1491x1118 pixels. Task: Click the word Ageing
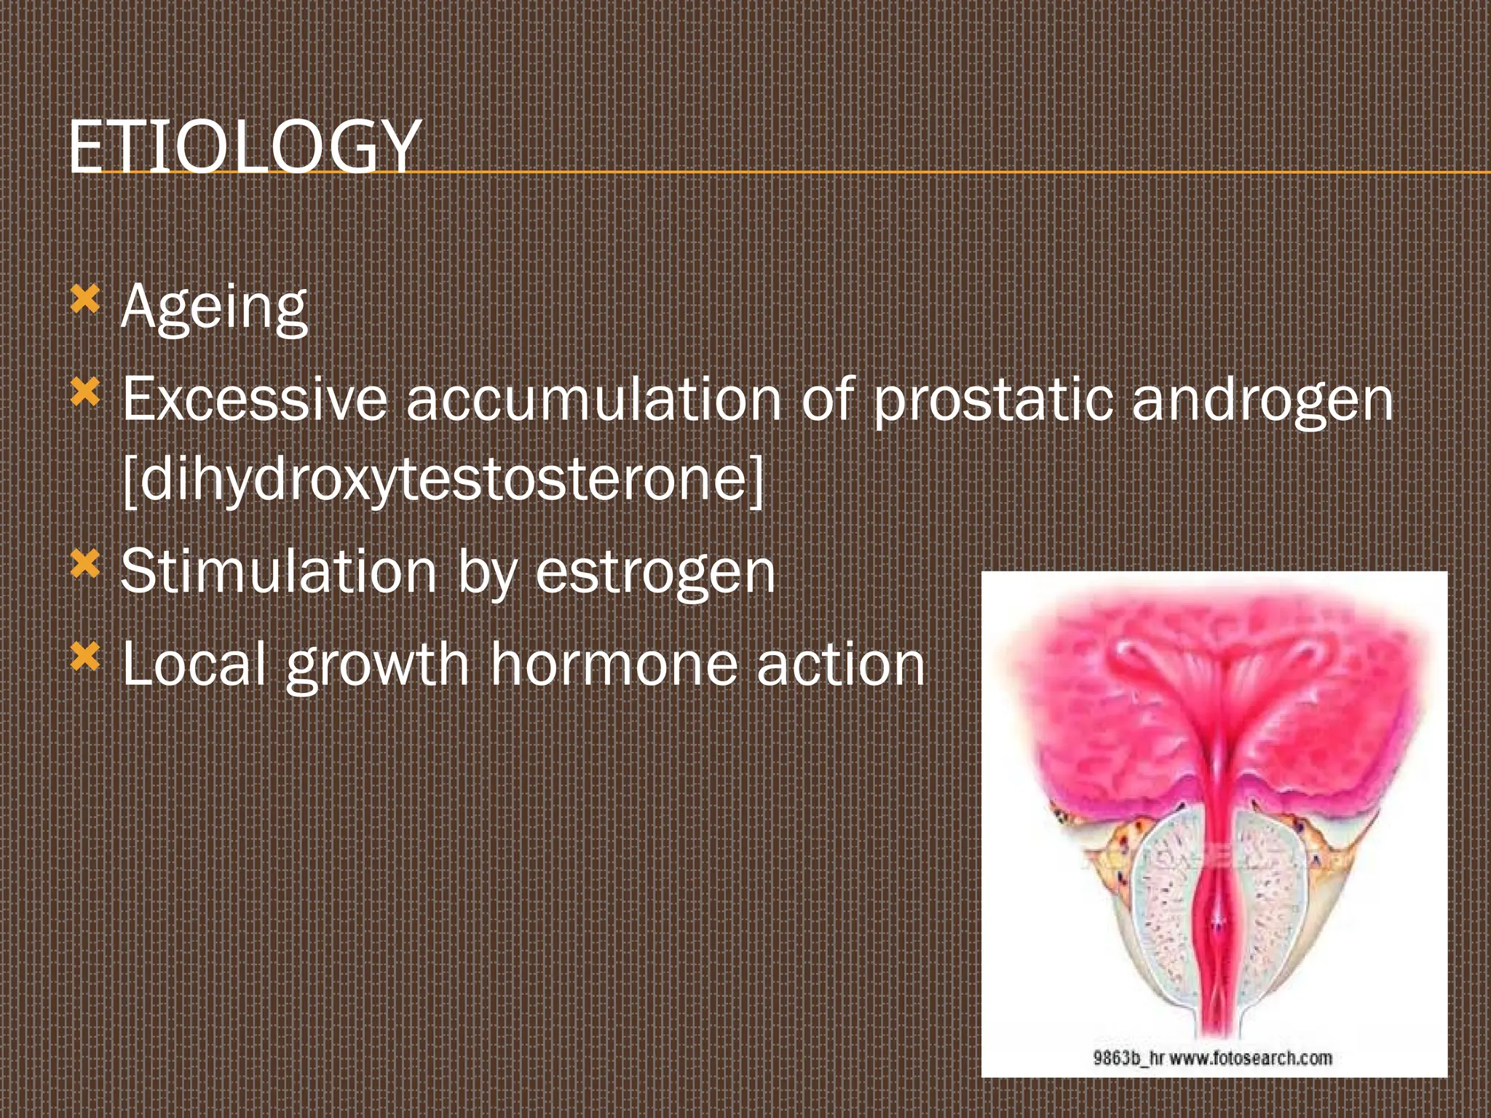click(x=214, y=308)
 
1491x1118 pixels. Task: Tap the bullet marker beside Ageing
click(x=85, y=299)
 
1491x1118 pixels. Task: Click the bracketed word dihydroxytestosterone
click(x=443, y=480)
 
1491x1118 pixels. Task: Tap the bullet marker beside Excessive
click(x=85, y=392)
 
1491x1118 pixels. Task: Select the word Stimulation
click(x=279, y=572)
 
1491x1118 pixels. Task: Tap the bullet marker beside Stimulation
click(x=85, y=563)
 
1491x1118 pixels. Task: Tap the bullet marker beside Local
click(x=85, y=657)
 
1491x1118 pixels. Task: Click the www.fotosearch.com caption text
click(x=1251, y=1058)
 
